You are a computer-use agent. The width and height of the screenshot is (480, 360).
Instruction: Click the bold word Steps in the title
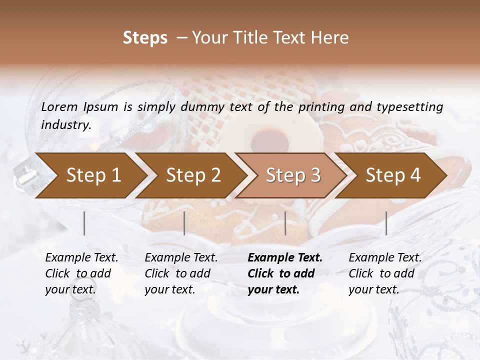coord(145,38)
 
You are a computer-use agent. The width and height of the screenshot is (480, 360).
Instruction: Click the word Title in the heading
coord(252,38)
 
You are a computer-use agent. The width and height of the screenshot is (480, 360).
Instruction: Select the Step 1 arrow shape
coord(90,175)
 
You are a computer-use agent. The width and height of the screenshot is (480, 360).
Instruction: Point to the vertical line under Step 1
coord(84,223)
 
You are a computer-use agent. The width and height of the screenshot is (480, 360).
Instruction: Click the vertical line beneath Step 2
coord(184,223)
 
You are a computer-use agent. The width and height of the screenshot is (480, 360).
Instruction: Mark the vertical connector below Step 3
coord(285,223)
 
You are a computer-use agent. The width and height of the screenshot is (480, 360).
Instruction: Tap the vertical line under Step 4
coord(386,223)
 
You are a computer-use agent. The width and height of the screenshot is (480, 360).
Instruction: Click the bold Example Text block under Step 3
coord(284,273)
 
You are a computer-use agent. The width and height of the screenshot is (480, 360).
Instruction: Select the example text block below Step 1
coord(81,273)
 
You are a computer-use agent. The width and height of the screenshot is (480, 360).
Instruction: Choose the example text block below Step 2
coord(180,273)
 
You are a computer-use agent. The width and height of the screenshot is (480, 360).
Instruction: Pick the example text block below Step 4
coord(384,273)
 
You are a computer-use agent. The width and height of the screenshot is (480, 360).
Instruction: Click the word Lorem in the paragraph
coord(59,107)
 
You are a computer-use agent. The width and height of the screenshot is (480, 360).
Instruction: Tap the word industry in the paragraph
coord(65,125)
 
